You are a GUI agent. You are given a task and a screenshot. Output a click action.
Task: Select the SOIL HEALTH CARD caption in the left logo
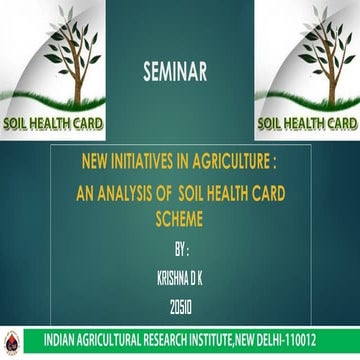coord(51,126)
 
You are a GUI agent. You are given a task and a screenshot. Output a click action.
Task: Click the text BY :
coord(180,241)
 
